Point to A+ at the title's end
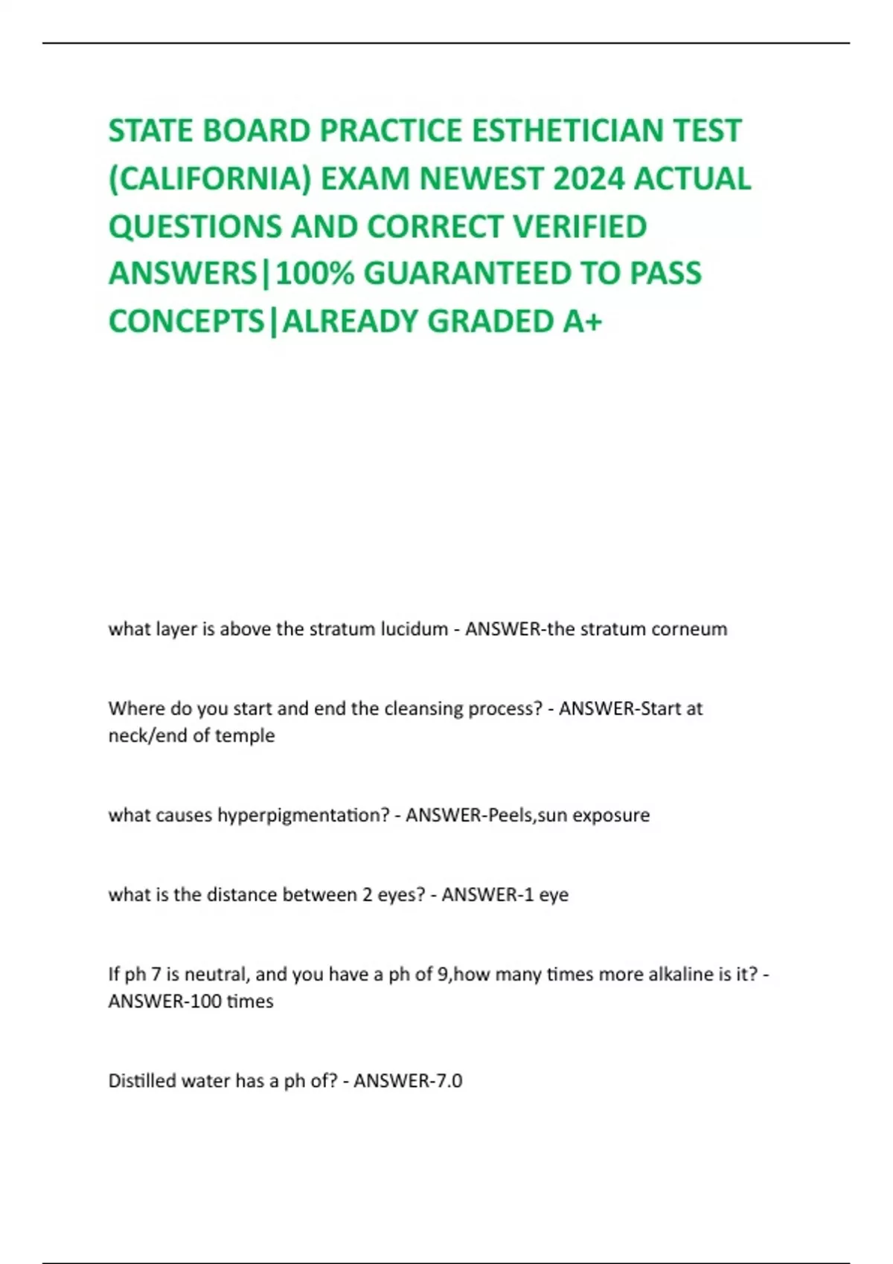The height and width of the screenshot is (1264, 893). click(583, 321)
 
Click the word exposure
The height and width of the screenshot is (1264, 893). click(611, 815)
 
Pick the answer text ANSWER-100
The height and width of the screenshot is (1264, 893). click(165, 1002)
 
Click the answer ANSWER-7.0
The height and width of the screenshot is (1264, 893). click(408, 1080)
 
